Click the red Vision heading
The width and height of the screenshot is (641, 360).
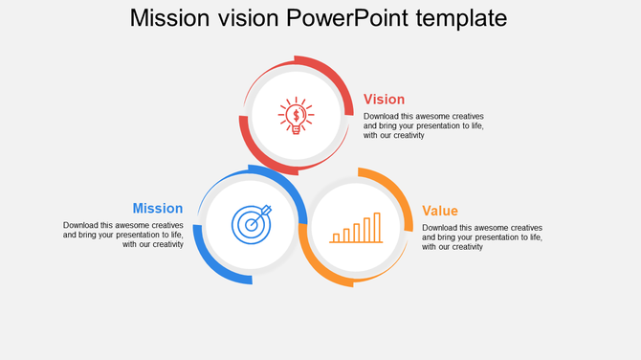tap(384, 99)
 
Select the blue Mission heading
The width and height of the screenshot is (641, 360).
tap(158, 208)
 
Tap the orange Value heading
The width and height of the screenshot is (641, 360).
tap(440, 211)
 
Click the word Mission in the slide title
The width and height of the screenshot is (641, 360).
tap(168, 18)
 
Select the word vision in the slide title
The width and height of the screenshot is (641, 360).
tap(245, 18)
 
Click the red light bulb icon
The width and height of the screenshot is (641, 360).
tap(296, 116)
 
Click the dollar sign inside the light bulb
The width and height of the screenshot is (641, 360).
tap(296, 116)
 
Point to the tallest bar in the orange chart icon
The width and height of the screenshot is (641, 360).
tap(377, 227)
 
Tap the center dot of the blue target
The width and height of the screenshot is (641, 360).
tap(251, 225)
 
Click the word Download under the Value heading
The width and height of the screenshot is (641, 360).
tap(441, 228)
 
